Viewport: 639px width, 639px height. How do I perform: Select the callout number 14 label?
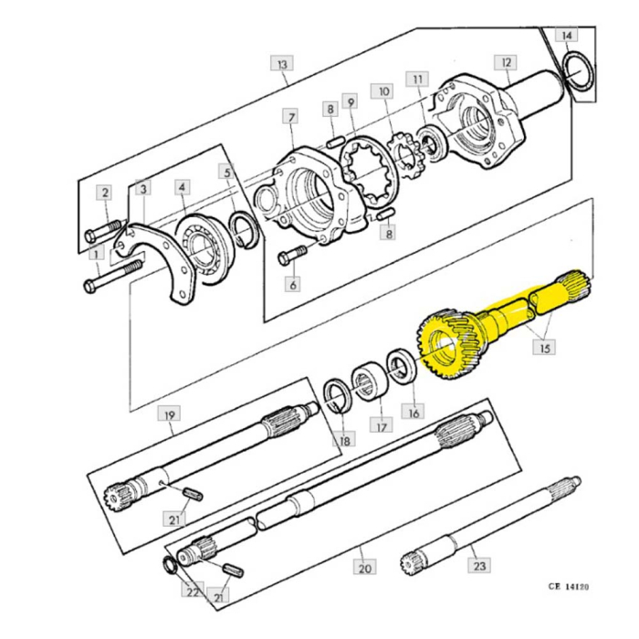[x=567, y=36]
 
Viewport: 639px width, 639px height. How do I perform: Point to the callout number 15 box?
[x=545, y=349]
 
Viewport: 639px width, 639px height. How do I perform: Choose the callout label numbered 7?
[x=290, y=118]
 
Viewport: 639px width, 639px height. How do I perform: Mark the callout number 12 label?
[x=505, y=62]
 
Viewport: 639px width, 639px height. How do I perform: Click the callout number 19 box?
[x=169, y=415]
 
